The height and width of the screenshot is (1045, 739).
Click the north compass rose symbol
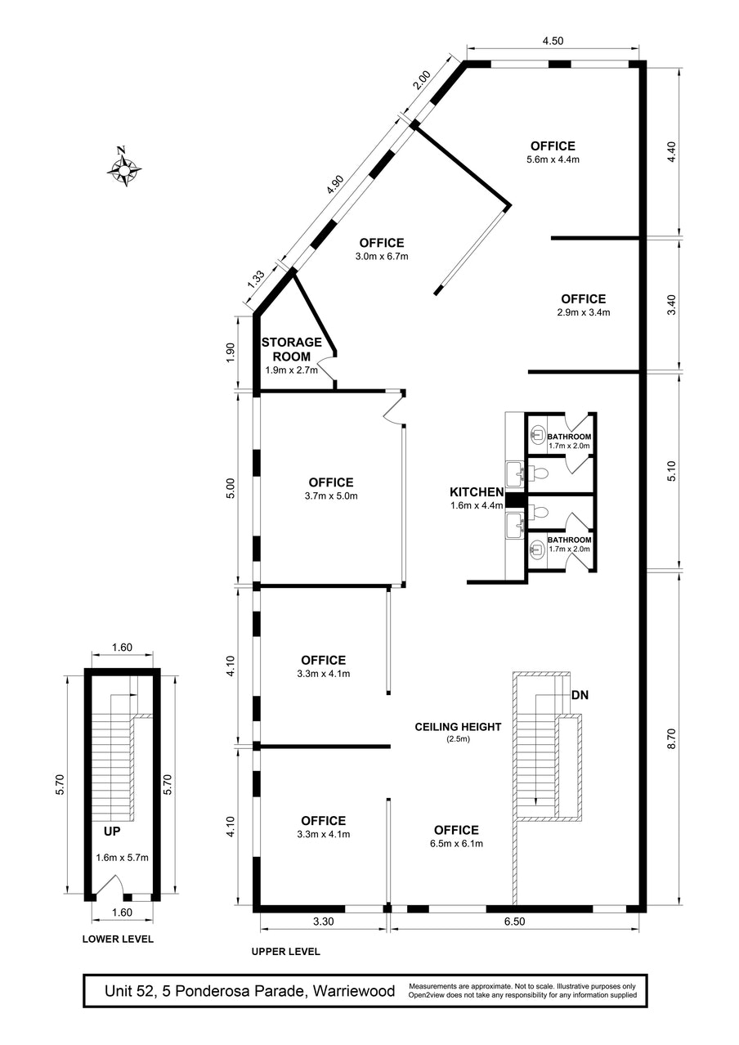click(x=123, y=167)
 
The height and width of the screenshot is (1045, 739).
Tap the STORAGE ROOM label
click(x=292, y=349)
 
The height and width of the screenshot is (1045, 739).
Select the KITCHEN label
click(x=477, y=491)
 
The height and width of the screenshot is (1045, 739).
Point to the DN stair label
click(x=580, y=695)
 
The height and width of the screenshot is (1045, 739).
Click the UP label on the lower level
click(x=112, y=831)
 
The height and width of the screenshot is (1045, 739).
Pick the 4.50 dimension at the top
click(x=553, y=41)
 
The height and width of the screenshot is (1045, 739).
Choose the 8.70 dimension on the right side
click(x=671, y=738)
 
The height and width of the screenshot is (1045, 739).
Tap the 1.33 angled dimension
click(x=256, y=280)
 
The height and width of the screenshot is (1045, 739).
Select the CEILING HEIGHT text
click(x=458, y=726)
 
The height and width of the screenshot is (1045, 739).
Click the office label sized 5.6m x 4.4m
click(x=553, y=152)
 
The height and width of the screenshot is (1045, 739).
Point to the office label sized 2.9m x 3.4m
click(x=583, y=305)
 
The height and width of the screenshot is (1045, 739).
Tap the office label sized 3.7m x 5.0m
click(x=331, y=488)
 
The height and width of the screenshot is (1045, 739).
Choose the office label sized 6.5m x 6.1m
click(x=456, y=836)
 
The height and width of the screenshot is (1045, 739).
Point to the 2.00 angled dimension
click(x=422, y=80)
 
